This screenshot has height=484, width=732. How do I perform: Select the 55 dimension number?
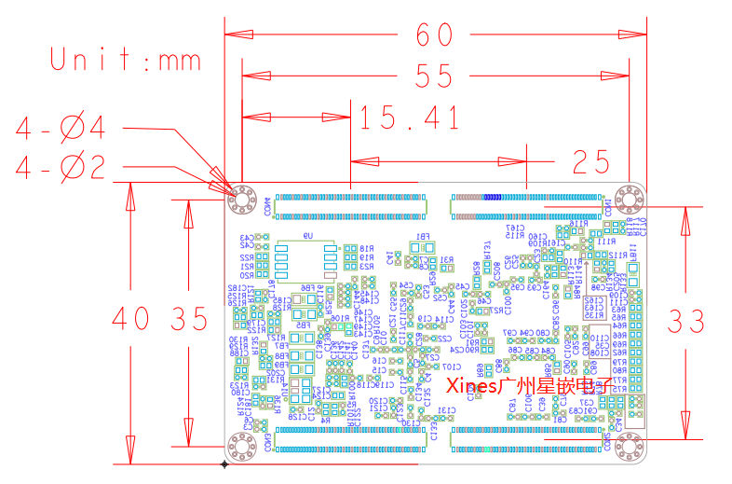click(x=434, y=76)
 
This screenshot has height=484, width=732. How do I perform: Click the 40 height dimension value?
click(x=130, y=319)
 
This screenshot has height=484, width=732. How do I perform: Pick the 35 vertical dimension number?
click(x=189, y=319)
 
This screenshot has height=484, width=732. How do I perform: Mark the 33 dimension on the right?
click(x=687, y=321)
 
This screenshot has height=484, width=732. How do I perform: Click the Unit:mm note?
click(x=126, y=62)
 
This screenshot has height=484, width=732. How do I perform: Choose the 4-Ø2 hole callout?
click(x=75, y=168)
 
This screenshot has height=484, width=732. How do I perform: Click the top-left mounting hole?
click(x=243, y=200)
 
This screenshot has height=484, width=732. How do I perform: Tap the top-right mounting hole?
click(x=630, y=200)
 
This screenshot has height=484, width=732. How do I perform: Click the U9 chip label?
click(x=307, y=236)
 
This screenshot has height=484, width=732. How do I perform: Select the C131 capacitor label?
click(x=447, y=410)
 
